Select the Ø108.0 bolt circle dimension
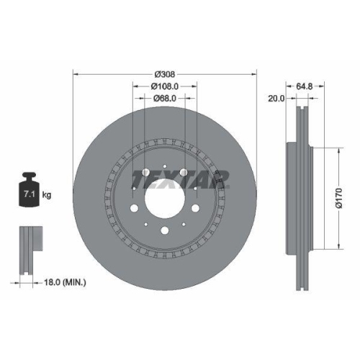tap(165, 87)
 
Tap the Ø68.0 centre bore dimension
tap(165, 99)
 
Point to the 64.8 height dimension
tap(304, 87)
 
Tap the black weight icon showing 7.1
tap(30, 191)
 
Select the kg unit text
tap(47, 194)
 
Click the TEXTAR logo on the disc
tap(179, 178)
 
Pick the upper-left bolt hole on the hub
tap(145, 173)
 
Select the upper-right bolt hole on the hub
tap(185, 173)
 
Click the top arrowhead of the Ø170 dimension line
tap(336, 150)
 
